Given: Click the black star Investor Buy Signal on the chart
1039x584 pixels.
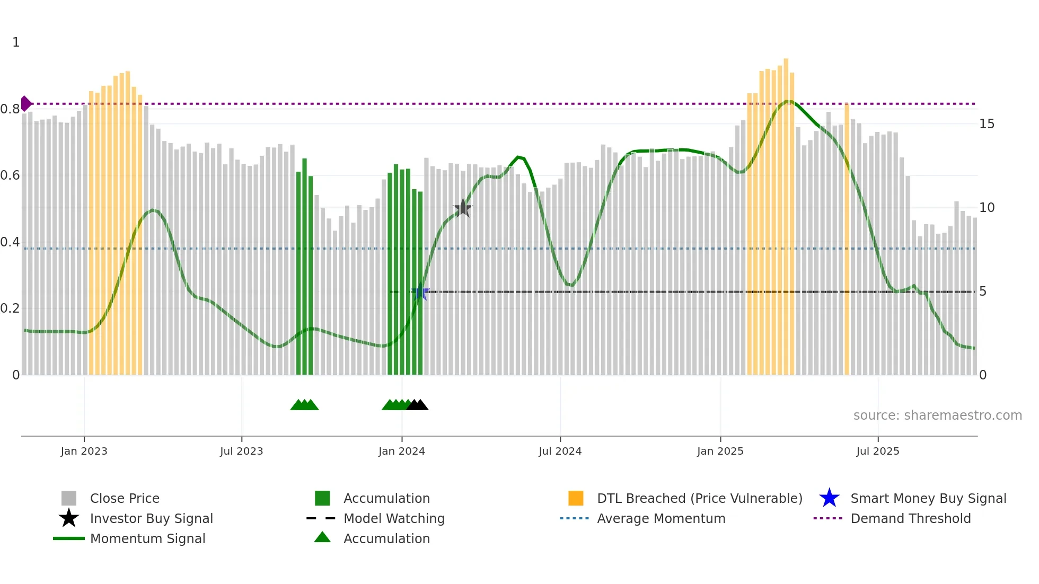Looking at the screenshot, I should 463,208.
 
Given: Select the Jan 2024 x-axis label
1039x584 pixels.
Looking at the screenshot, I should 401,452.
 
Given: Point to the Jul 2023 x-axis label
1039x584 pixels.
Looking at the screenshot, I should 241,452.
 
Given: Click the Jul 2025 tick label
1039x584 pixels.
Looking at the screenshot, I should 877,452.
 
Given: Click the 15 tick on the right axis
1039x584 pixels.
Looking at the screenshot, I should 987,124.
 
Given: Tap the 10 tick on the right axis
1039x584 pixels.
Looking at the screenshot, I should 987,208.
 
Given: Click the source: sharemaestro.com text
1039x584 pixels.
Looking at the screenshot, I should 937,415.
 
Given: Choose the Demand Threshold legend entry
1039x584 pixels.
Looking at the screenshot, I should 910,519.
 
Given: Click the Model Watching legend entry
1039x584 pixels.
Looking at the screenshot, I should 393,519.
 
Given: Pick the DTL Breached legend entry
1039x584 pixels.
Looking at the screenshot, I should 699,499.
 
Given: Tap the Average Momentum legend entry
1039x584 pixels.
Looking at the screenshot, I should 661,519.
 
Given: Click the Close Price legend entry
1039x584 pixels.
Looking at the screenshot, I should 124,499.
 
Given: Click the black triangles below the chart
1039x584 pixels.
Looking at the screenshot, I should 418,405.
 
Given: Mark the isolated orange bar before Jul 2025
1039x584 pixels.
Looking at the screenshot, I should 847,238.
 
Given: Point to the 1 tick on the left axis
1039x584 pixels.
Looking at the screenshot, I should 16,42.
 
